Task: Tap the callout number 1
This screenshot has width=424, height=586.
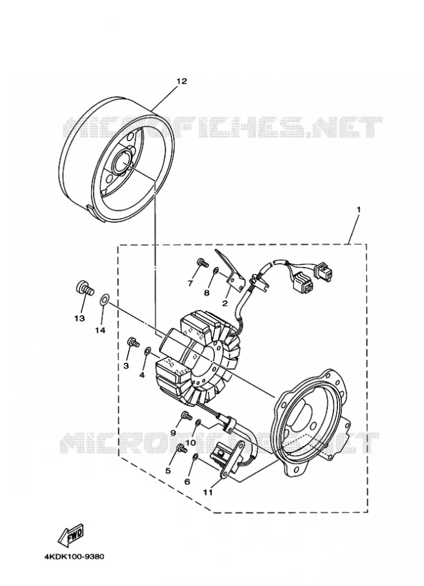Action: click(x=358, y=210)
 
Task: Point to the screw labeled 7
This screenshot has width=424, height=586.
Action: click(x=202, y=263)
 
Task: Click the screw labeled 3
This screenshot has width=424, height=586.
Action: click(x=133, y=341)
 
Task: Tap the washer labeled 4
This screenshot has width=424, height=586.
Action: click(x=148, y=350)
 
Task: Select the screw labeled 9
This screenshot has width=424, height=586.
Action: click(x=186, y=415)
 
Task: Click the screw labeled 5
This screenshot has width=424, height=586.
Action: click(x=183, y=448)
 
